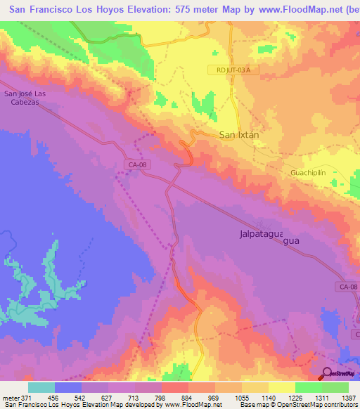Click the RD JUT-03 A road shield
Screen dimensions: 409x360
point(229,70)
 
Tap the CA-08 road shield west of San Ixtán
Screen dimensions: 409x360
point(138,164)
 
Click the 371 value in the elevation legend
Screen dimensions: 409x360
point(25,398)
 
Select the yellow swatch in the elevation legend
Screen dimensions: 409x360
point(281,387)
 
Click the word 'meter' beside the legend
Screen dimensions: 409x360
point(9,398)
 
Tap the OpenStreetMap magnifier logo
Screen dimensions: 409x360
point(327,373)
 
